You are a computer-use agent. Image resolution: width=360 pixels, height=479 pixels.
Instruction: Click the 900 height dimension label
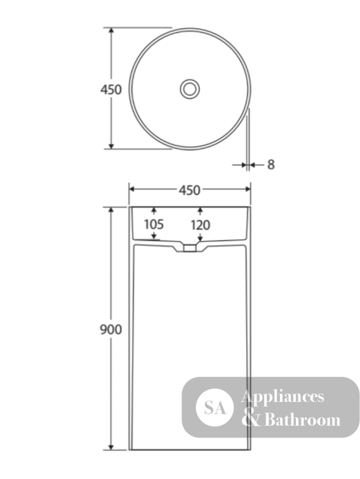(111, 330)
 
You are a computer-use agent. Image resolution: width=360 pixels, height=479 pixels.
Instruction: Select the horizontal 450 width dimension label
(190, 190)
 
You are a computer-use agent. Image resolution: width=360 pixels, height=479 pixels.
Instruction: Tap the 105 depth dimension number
(154, 224)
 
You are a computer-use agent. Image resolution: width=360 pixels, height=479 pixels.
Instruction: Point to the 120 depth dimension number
(200, 226)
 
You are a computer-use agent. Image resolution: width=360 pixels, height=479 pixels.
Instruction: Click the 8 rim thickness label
(271, 165)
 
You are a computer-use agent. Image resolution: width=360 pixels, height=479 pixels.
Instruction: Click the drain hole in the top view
(190, 89)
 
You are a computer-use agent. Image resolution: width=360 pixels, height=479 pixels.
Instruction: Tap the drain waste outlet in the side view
(190, 248)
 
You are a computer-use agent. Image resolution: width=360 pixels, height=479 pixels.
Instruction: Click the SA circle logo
(214, 408)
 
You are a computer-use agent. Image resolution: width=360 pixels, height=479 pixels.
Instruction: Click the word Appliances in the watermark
(282, 397)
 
